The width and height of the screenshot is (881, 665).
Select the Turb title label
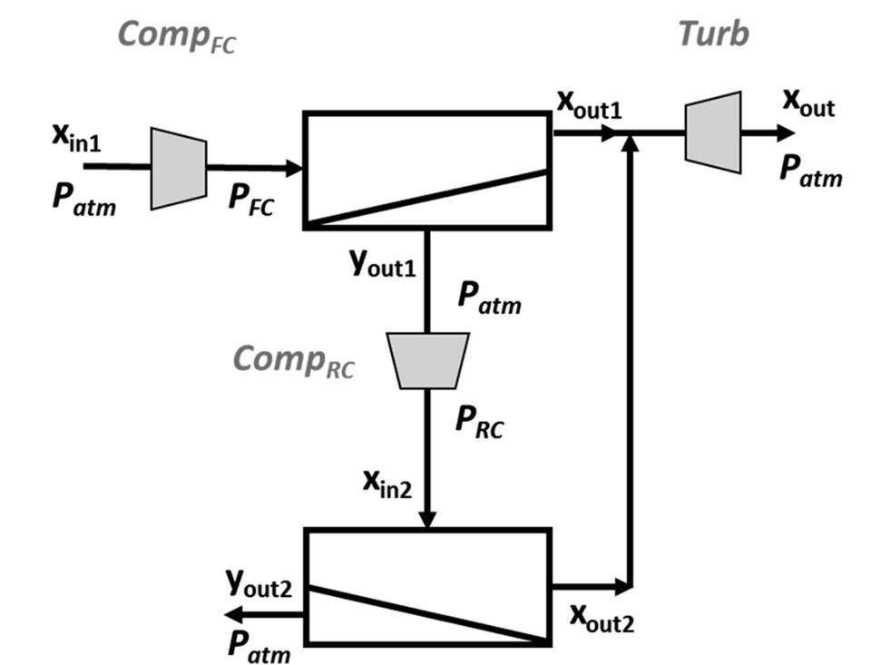tap(713, 34)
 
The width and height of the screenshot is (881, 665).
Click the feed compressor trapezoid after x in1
tap(179, 169)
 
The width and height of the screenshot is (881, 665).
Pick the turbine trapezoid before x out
tap(713, 131)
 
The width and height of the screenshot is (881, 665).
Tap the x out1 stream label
tap(589, 106)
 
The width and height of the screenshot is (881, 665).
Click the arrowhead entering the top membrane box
tap(293, 168)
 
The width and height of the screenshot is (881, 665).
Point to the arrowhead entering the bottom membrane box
tap(427, 519)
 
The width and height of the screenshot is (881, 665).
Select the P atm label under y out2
tap(259, 645)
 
